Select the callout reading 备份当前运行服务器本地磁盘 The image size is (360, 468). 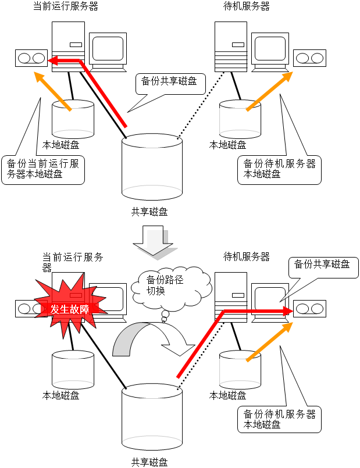click(43, 169)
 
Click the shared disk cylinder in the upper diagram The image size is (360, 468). click(152, 166)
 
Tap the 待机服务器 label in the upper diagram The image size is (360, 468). click(247, 7)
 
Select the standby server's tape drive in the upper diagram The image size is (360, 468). click(309, 59)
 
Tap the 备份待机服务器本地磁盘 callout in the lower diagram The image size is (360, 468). click(279, 419)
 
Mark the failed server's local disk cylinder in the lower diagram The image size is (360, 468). click(73, 370)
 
